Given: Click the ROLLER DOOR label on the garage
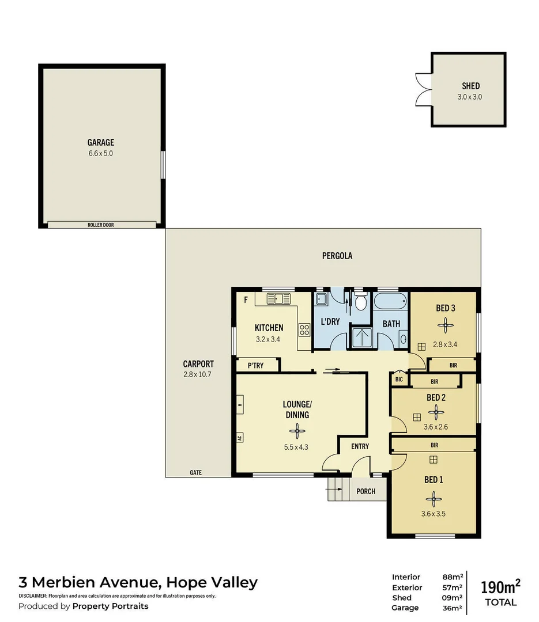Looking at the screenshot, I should (100, 225).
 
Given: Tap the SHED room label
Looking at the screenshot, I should (470, 86).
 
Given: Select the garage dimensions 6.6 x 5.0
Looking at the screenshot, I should (100, 154).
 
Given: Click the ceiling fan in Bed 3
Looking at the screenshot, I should (445, 325).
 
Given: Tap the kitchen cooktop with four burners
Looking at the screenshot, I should (304, 330).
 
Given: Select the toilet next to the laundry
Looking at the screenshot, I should (361, 302).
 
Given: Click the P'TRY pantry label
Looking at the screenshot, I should (255, 366).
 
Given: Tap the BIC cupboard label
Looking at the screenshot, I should (399, 380).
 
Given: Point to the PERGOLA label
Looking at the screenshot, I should (337, 256).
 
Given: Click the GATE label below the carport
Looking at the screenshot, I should (195, 472).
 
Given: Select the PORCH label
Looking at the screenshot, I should (366, 491).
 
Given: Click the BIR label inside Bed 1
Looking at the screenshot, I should (434, 445).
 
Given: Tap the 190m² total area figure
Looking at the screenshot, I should (500, 587).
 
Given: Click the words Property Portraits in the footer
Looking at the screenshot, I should (110, 606).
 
